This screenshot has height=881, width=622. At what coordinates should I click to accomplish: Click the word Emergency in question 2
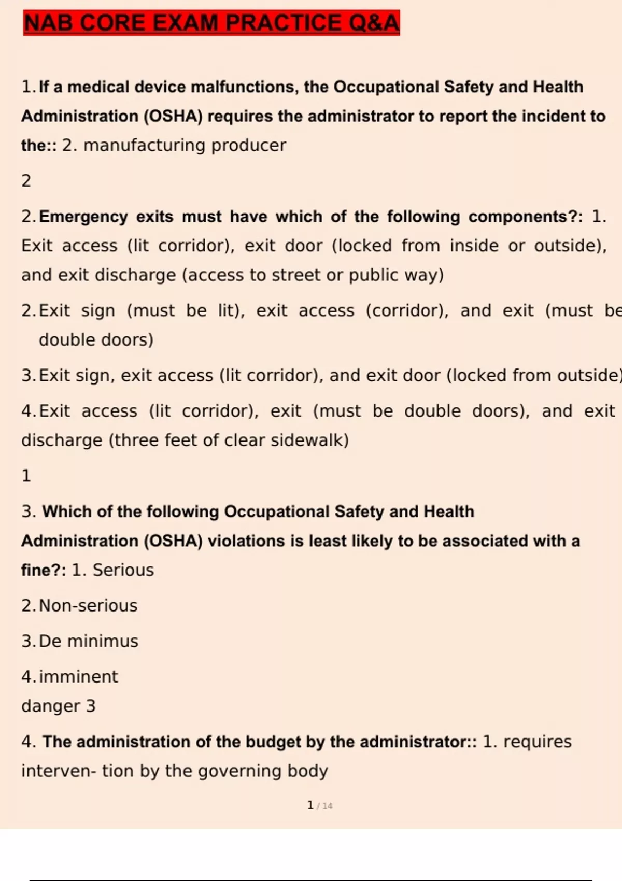tap(83, 216)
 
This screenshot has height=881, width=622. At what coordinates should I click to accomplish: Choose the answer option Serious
tap(123, 570)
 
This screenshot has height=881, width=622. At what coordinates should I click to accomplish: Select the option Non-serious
tap(88, 605)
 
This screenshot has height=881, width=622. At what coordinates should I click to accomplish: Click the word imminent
tap(78, 676)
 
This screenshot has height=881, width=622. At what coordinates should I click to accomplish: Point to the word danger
tap(51, 706)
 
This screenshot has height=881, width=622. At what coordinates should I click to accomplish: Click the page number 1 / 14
tap(319, 805)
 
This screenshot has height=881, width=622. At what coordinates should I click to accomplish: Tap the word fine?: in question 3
tap(44, 570)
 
